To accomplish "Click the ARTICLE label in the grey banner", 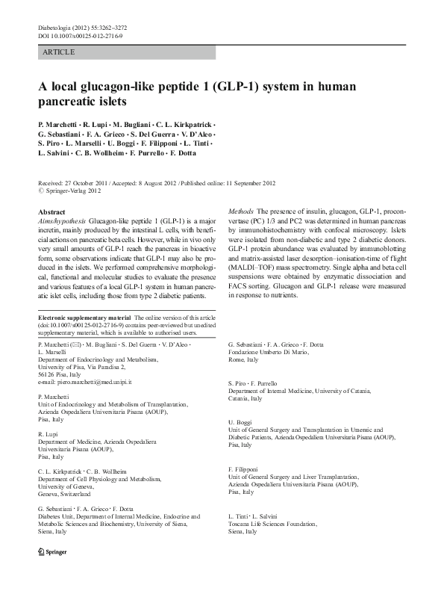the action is (59, 52).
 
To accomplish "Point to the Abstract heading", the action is (51, 212).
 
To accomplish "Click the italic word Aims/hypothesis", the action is (61, 222).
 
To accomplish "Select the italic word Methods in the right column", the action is (240, 212).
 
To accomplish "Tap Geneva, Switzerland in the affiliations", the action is (64, 494).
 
